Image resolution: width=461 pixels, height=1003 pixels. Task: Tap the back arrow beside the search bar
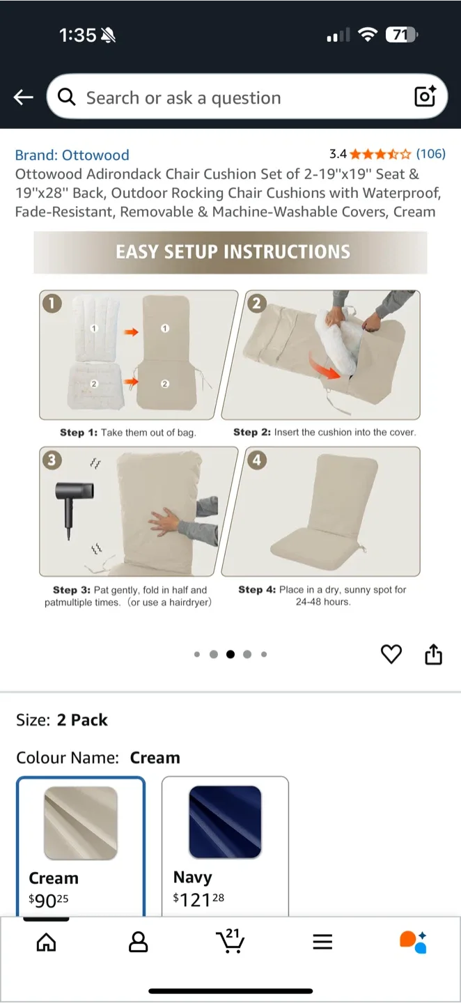pos(24,98)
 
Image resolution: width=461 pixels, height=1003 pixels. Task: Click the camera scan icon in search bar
pos(425,96)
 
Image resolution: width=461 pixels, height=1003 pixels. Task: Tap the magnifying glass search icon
pos(67,98)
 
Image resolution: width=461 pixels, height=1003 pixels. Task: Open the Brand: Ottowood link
pos(72,155)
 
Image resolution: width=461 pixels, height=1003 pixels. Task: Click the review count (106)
pos(430,154)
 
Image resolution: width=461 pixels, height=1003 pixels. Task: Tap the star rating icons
pos(381,154)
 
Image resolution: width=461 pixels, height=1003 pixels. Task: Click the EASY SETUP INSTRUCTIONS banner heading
pos(233,251)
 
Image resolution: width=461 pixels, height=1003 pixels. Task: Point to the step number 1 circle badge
pos(52,303)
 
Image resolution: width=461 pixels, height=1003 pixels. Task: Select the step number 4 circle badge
pos(257,460)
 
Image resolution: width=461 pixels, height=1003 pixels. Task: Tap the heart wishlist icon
pos(391,654)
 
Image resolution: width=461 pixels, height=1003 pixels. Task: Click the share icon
pos(433,654)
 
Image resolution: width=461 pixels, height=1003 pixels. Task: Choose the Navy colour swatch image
pos(225,822)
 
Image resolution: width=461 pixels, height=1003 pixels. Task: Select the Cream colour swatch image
pos(80,823)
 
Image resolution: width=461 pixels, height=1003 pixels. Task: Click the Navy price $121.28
pos(198,899)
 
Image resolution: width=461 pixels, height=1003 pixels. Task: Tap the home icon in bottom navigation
pos(46,942)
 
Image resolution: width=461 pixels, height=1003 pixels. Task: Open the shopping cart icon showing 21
pos(230,941)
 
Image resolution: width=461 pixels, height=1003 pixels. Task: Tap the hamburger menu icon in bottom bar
pos(322,942)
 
